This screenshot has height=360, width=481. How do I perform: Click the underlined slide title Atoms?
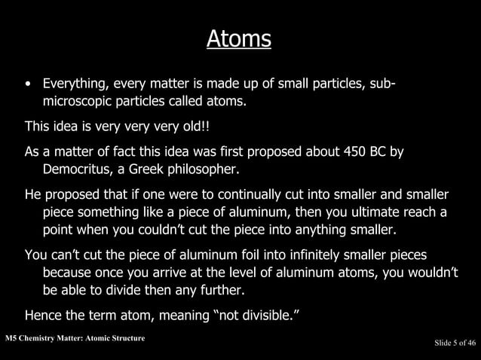[x=239, y=38]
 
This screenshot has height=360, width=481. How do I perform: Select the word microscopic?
[x=78, y=99]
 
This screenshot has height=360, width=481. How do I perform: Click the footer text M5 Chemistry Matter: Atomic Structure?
[x=73, y=337]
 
